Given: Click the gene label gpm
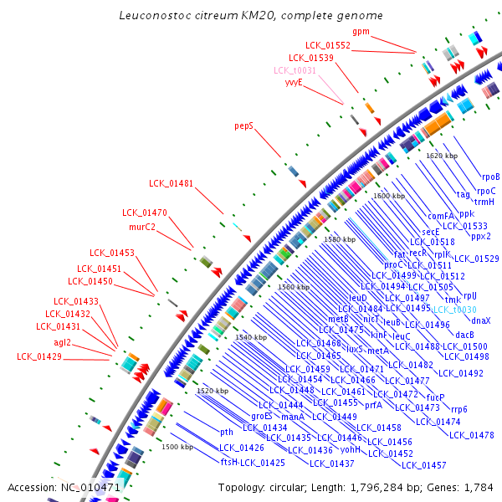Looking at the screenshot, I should [x=361, y=31].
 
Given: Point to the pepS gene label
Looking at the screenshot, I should [x=243, y=125].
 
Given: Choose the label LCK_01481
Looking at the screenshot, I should [x=171, y=183].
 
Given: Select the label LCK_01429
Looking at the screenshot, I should [x=39, y=356].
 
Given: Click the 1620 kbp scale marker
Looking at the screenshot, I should [x=442, y=156].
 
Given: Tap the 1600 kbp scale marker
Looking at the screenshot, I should [x=389, y=196].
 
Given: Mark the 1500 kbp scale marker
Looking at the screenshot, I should [x=177, y=447].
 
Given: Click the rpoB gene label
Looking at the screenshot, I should [x=490, y=177].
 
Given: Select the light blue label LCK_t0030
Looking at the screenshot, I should [x=453, y=310].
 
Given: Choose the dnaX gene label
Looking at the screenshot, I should [x=480, y=320].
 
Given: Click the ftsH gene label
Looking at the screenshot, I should [x=229, y=462].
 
